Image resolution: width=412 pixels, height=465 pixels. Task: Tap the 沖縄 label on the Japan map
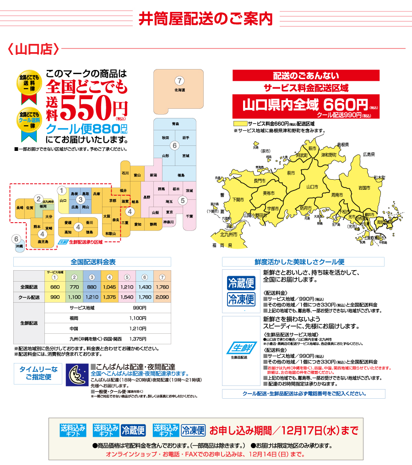point(19,246)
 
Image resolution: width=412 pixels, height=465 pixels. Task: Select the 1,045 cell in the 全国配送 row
point(109,287)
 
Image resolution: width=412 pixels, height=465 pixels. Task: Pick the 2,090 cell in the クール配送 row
point(162,297)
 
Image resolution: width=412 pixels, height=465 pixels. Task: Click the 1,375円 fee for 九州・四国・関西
point(137,339)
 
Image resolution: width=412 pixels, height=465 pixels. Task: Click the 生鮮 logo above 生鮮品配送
point(240,348)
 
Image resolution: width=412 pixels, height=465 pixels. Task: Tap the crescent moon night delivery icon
point(76,375)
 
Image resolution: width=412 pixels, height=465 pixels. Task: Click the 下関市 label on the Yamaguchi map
point(238,199)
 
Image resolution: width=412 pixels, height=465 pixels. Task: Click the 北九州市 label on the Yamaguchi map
point(228,235)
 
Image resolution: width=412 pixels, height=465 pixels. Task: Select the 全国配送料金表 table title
point(93,262)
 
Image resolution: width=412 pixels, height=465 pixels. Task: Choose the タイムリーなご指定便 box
point(38,373)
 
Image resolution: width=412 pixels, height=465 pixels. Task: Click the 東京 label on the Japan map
point(170,212)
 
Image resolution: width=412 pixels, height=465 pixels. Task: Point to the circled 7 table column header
point(162,277)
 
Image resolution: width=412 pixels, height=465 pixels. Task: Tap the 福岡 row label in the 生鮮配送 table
point(75,318)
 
